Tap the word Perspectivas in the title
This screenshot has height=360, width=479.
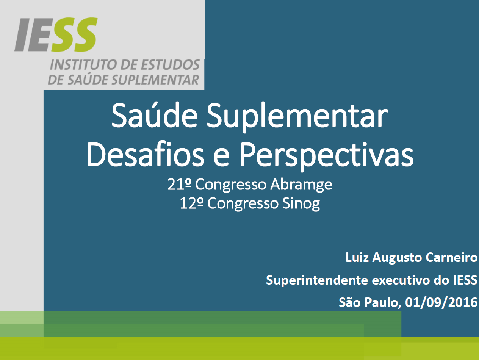click(x=326, y=155)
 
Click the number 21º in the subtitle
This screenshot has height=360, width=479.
click(x=180, y=185)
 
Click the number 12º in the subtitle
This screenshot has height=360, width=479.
click(x=192, y=203)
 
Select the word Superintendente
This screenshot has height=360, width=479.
click(x=317, y=280)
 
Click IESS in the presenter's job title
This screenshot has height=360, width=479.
click(x=465, y=280)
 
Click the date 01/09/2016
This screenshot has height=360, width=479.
click(x=441, y=303)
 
